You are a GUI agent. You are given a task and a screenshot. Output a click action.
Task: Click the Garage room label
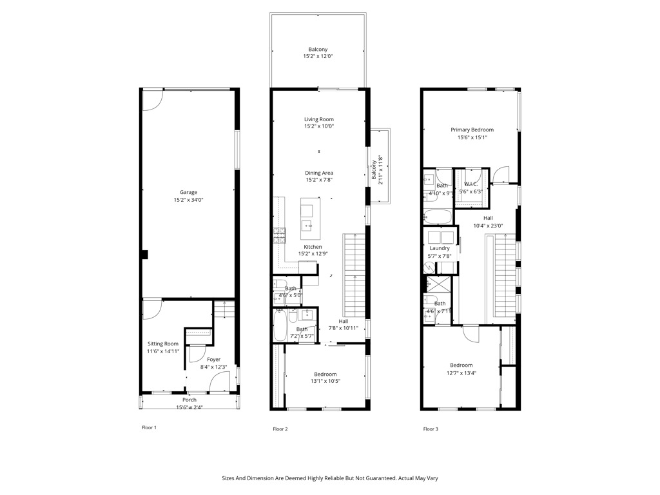pos(189,192)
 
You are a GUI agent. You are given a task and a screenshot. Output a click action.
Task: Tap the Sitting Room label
pos(163,344)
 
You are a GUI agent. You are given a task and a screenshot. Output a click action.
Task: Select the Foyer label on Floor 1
pos(213,359)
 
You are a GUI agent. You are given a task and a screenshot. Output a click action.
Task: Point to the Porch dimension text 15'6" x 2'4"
pos(189,407)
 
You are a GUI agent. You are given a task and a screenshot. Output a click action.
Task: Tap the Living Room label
pos(319,119)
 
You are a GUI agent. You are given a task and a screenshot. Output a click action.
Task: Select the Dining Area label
pos(319,173)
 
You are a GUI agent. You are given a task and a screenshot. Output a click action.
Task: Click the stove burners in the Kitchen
pos(280,235)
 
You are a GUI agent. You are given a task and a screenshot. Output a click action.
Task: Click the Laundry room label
pos(440,248)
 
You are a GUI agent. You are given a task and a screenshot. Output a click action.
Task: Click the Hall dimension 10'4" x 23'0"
pos(488,226)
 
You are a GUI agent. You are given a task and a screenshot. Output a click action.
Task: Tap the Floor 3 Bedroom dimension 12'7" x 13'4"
pos(461,373)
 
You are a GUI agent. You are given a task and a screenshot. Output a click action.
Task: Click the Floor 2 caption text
pos(280,429)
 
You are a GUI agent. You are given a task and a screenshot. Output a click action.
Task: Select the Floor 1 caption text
pos(149,427)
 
